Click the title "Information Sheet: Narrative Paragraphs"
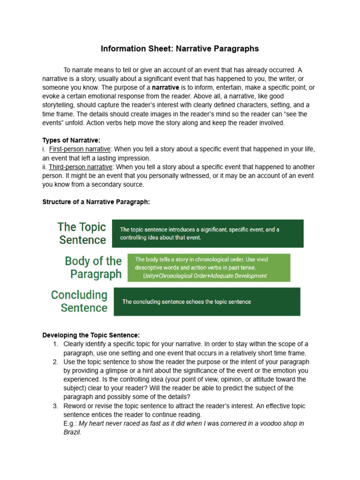click(180, 49)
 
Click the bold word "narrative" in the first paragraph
click(165, 88)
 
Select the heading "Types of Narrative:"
click(71, 140)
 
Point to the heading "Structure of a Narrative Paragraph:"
click(96, 202)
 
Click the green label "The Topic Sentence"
click(82, 233)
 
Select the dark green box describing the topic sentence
click(207, 233)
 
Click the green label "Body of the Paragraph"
click(93, 267)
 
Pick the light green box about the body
click(209, 268)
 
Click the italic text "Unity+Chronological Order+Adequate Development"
click(205, 276)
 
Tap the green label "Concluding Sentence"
click(79, 301)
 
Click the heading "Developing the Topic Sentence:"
click(91, 335)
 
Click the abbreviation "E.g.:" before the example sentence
click(70, 423)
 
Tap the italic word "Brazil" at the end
click(72, 432)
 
